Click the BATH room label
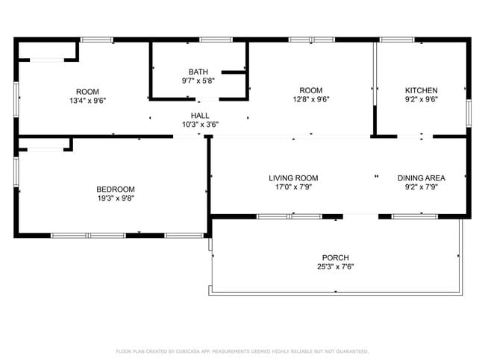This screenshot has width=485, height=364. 198,72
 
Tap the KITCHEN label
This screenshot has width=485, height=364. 422,90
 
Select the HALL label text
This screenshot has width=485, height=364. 200,116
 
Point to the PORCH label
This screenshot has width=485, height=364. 335,257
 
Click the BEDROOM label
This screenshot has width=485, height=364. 116,189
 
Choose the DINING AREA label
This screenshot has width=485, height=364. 422,178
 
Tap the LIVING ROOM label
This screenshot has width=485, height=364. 293,178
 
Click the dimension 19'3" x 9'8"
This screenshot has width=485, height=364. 116,198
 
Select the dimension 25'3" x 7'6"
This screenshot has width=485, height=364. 335,266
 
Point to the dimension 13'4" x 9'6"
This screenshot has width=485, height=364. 88,101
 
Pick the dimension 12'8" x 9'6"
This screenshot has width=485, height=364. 311,99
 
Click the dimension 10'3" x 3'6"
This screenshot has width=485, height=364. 200,125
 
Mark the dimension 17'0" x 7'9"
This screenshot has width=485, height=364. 293,187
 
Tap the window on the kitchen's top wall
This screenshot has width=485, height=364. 397,40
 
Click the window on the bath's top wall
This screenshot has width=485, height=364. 216,40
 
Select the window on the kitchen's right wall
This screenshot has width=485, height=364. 469,113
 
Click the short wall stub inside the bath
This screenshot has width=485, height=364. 234,72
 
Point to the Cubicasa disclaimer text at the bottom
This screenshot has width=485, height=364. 242,351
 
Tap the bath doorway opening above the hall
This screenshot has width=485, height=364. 207,99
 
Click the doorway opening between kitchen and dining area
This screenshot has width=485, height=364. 415,136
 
